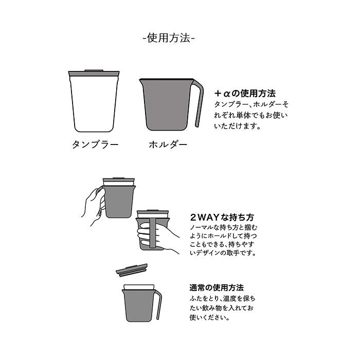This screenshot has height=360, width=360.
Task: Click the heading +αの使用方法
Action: click(245, 94)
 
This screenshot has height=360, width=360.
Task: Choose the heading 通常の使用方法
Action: click(216, 287)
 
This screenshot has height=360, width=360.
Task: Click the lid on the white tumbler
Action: click(95, 73)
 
